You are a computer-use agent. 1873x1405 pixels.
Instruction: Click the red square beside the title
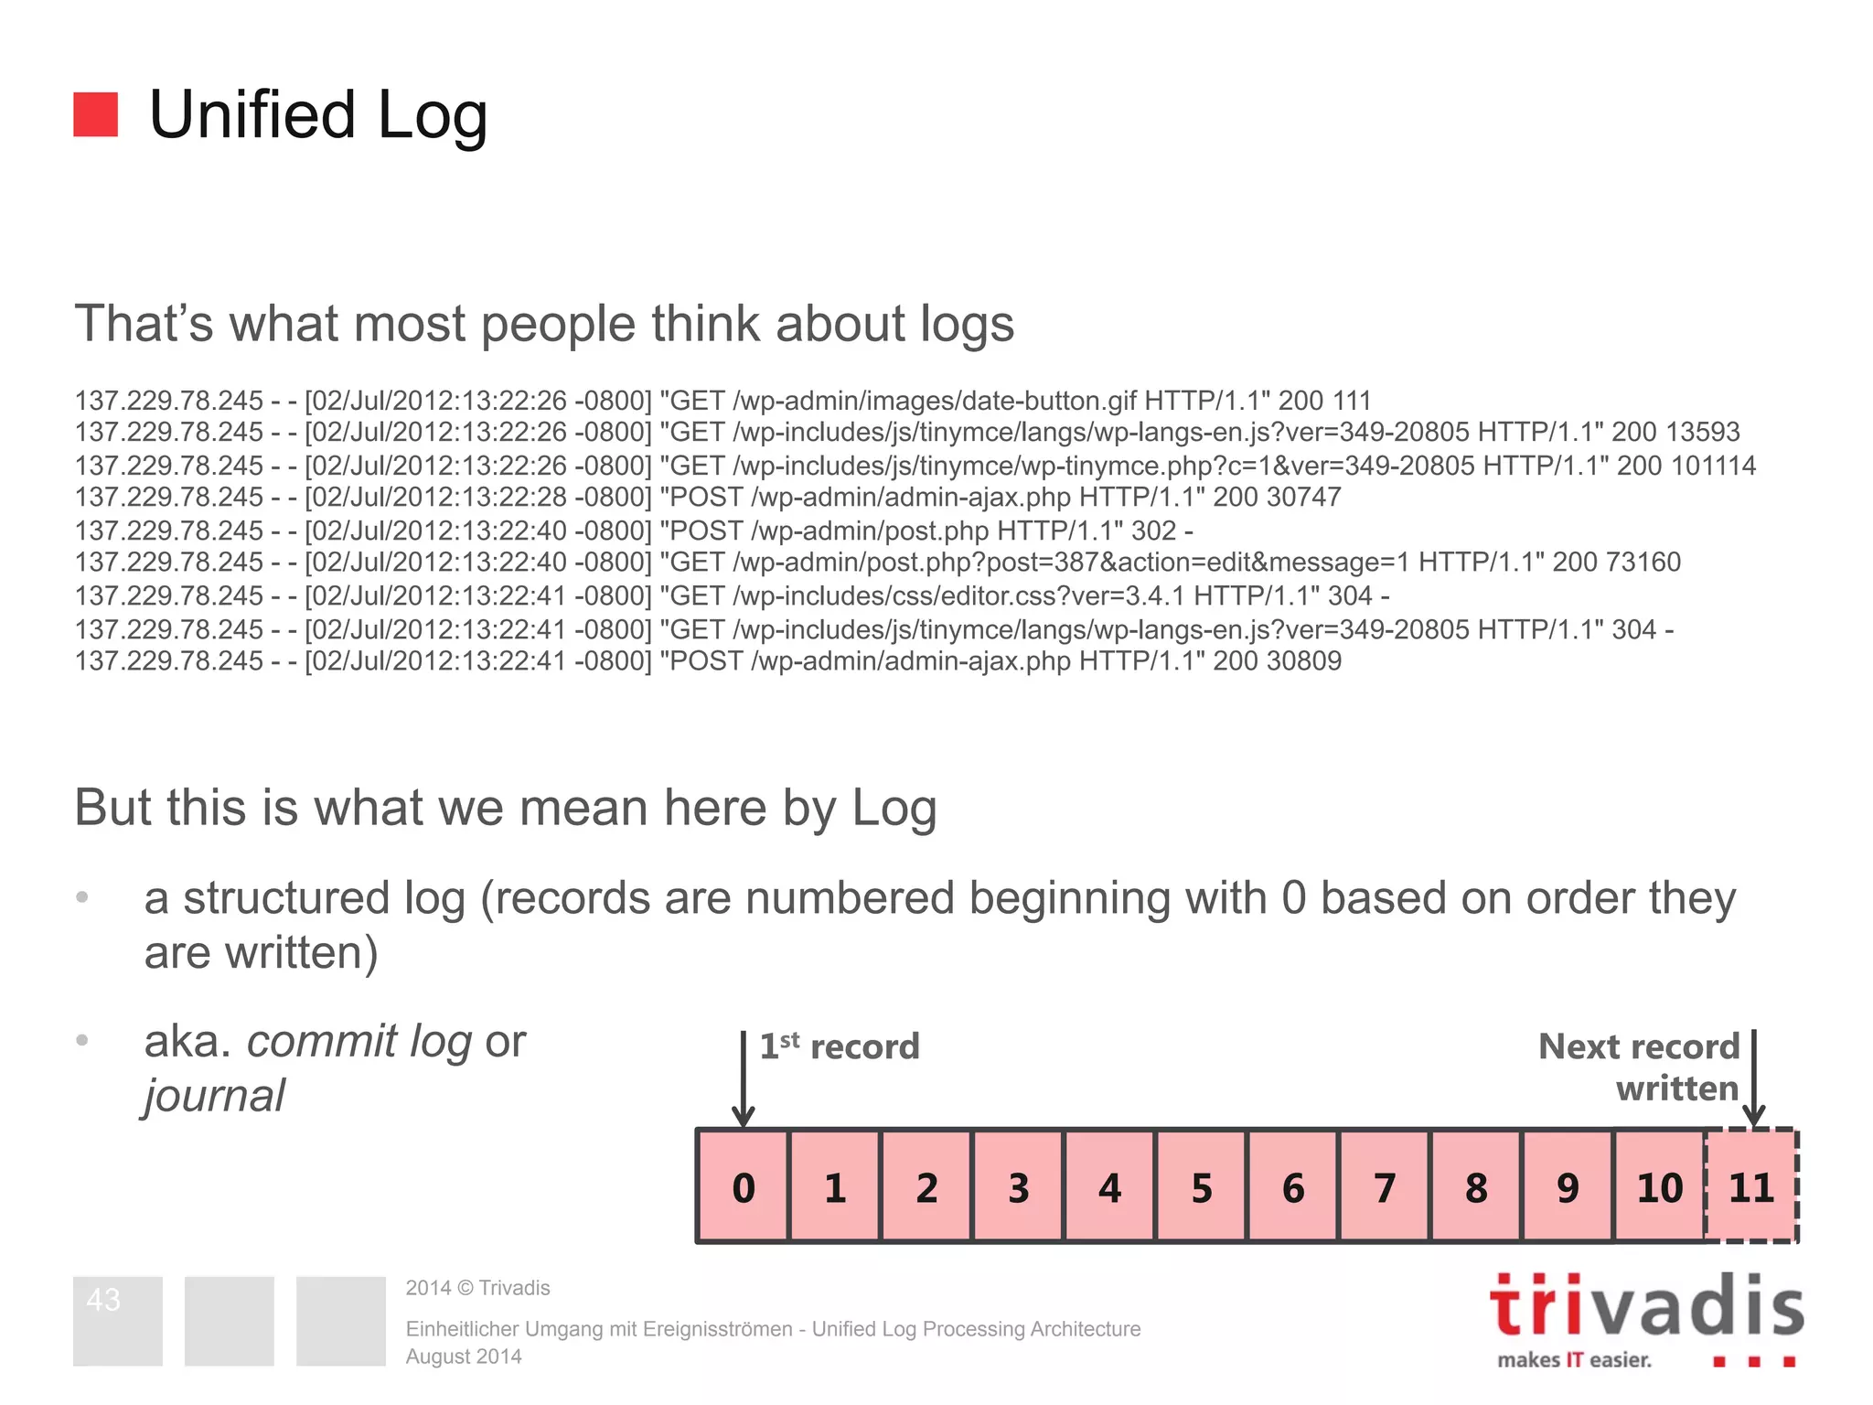click(x=95, y=114)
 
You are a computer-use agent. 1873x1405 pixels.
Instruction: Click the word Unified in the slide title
click(x=252, y=115)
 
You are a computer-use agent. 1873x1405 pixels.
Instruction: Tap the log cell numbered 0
click(x=744, y=1187)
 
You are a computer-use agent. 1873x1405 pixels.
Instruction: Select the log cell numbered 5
click(x=1202, y=1187)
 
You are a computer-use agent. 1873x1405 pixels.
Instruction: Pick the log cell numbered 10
click(x=1660, y=1187)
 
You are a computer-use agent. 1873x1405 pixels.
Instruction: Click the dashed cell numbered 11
click(x=1751, y=1187)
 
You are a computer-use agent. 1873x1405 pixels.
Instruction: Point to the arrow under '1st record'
click(x=744, y=1079)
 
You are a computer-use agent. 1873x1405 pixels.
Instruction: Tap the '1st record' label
click(x=840, y=1046)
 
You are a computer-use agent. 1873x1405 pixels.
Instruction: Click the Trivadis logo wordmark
click(x=1646, y=1306)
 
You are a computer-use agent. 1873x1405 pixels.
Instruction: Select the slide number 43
click(x=103, y=1300)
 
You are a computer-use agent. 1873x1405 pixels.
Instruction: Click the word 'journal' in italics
click(x=215, y=1096)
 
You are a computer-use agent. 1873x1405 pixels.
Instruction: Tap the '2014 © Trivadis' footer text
click(x=477, y=1288)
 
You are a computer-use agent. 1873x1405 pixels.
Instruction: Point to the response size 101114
click(x=1713, y=466)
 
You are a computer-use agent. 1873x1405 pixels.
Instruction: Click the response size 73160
click(x=1641, y=562)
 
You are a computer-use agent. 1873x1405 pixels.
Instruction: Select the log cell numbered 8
click(x=1476, y=1187)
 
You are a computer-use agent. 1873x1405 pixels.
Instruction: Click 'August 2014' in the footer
click(x=464, y=1357)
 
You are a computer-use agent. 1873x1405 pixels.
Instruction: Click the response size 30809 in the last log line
click(x=1303, y=660)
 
